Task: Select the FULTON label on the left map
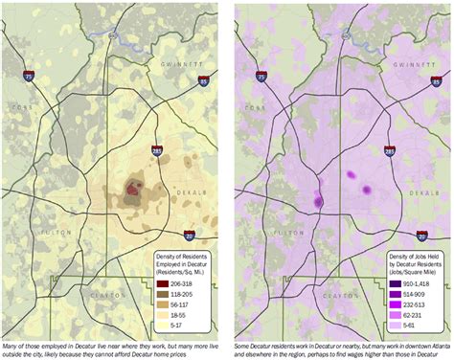tap(50, 233)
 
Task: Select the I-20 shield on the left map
tap(190, 235)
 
